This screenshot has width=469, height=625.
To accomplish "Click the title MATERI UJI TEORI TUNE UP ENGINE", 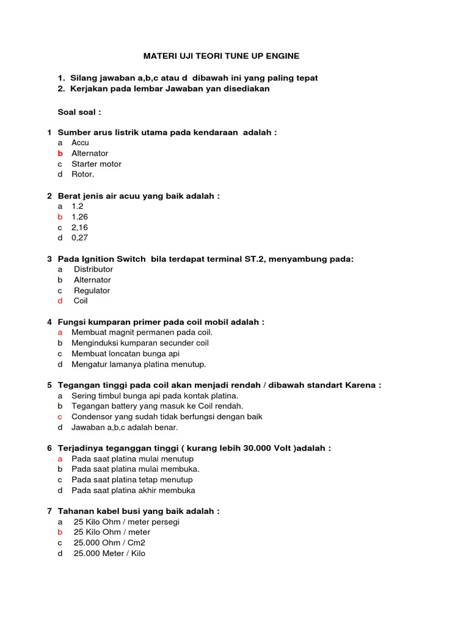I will (x=221, y=56).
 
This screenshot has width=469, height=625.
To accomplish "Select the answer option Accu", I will (x=80, y=143).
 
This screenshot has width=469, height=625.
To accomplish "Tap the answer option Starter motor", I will (x=96, y=164).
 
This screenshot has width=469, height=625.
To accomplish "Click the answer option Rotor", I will (x=83, y=175).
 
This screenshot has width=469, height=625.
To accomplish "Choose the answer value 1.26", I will (x=79, y=217).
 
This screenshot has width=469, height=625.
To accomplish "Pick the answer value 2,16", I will (x=80, y=227).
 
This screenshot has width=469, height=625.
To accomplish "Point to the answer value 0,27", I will (x=80, y=238).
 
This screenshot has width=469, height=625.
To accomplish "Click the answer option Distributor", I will (x=93, y=269).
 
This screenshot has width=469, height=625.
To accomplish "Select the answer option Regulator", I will (x=92, y=291).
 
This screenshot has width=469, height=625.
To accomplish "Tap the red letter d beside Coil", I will (x=60, y=301).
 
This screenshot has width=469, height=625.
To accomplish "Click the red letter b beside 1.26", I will (x=60, y=217).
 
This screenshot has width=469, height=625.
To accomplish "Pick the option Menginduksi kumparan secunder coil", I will (x=140, y=343).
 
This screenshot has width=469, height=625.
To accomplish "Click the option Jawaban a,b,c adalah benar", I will (x=125, y=427).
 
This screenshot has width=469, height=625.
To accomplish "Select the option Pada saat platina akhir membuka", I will (x=133, y=490).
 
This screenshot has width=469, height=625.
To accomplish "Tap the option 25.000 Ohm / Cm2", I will (x=110, y=543).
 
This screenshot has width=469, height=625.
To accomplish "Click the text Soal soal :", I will (x=79, y=112).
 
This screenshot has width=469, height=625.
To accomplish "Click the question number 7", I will (x=49, y=511).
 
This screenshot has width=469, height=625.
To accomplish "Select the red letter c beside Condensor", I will (x=60, y=417).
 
